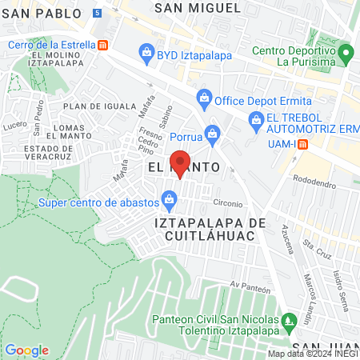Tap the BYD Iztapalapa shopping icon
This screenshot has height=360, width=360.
pyautogui.click(x=146, y=54)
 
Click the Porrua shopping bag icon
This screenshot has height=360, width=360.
pyautogui.click(x=212, y=132)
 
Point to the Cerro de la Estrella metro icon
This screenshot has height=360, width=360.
pyautogui.click(x=102, y=45)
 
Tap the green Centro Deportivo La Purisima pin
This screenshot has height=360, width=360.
pyautogui.click(x=346, y=55)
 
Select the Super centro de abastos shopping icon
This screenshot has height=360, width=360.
pyautogui.click(x=170, y=197)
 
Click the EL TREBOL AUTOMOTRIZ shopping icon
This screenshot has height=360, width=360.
pyautogui.click(x=256, y=122)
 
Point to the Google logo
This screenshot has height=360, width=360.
pyautogui.click(x=26, y=350)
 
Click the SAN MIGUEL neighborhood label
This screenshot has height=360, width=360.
pyautogui.click(x=197, y=7)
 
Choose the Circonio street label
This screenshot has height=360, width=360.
pyautogui.click(x=227, y=202)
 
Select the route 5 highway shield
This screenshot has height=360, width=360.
pyautogui.click(x=98, y=15)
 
